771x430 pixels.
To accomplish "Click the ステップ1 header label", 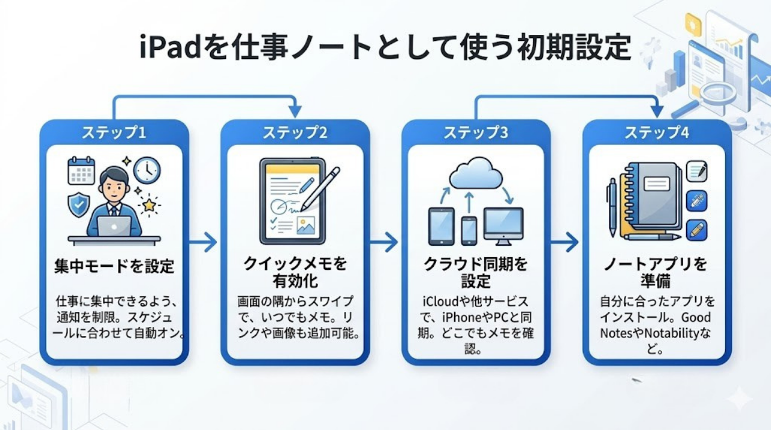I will coord(114,132).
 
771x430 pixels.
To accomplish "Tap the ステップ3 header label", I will coord(475,132).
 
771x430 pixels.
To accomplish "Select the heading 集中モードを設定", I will coord(114,266).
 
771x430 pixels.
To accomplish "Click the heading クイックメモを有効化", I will coord(295,272).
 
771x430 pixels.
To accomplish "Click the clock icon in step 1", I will coord(147,170).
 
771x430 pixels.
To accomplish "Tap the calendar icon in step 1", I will coord(81,171).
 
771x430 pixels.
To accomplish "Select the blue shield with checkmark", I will coord(79,205).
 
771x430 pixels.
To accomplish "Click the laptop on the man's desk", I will coord(114,226).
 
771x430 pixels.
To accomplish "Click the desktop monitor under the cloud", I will coord(504,226).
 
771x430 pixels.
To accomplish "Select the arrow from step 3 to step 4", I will coord(564,243).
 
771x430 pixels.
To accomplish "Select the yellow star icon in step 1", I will coord(148,205).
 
